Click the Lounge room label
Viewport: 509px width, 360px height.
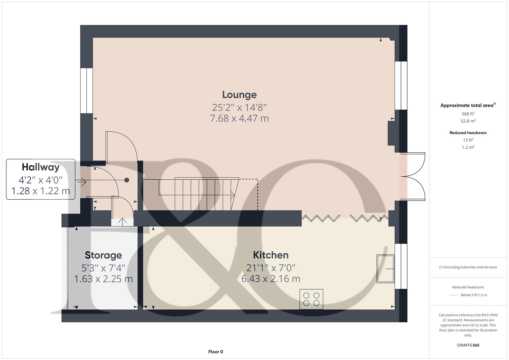point(239,95)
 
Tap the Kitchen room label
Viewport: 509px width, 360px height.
point(271,255)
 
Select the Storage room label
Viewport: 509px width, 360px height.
point(103,255)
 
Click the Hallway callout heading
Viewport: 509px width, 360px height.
point(41,167)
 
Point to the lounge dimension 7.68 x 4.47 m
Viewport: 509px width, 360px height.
point(239,118)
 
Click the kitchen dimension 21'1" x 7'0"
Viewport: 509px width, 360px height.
point(271,268)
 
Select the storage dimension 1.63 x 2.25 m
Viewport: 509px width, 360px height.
point(103,279)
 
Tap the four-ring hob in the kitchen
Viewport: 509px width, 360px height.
point(311,299)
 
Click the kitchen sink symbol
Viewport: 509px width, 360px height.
point(385,269)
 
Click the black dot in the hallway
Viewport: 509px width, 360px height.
point(127,180)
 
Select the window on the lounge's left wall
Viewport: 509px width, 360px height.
point(86,91)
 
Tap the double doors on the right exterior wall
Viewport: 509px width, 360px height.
point(413,177)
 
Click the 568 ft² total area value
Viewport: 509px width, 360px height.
point(468,114)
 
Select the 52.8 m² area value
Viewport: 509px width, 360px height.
point(468,121)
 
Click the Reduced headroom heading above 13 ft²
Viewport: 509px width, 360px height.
point(468,133)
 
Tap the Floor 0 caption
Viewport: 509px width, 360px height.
point(216,352)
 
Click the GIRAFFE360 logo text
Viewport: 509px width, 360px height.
point(468,345)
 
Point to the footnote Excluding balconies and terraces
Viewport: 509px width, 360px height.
point(468,267)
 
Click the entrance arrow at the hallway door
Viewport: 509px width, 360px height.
point(81,182)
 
